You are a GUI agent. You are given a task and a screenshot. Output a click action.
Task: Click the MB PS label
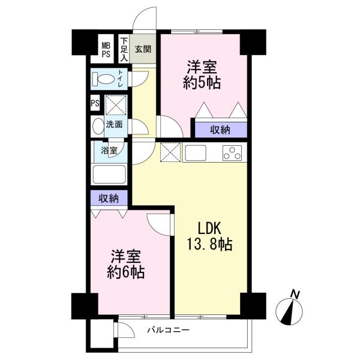106,50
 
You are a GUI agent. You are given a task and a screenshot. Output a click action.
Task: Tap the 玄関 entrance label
143,49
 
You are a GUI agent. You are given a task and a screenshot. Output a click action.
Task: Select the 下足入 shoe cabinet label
124,49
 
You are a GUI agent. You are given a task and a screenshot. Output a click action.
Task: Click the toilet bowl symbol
103,79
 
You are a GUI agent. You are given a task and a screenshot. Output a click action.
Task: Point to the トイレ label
121,79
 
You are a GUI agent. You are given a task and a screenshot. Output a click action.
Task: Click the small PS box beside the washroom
95,103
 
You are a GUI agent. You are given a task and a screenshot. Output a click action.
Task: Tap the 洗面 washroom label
114,124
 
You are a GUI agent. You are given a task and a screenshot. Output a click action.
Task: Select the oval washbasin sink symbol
98,126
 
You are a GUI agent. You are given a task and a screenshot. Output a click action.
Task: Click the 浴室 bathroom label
109,151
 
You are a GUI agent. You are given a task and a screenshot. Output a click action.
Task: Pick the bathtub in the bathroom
109,174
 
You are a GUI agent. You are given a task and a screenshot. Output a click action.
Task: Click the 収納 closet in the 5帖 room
221,130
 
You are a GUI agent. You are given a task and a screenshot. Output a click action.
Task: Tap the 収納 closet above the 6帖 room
109,198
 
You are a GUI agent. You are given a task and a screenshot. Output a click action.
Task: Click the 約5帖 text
202,83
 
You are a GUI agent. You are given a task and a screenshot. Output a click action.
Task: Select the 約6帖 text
126,272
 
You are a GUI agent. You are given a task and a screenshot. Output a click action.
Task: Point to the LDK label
209,228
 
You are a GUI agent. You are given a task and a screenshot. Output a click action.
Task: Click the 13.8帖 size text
209,244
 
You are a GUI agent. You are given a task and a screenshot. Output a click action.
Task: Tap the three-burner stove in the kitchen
232,152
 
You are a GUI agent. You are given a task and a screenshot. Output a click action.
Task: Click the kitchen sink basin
196,153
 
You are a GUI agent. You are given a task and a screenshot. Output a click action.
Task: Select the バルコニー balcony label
169,330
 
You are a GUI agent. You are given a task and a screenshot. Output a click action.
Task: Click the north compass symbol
289,309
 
